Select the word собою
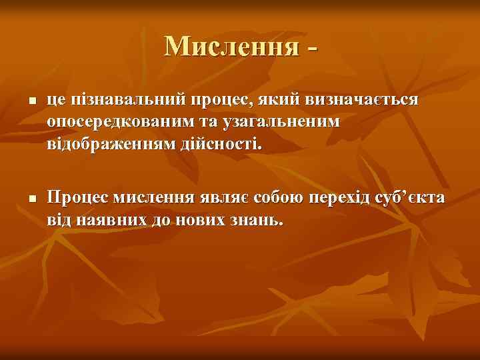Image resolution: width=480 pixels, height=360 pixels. [x=278, y=198]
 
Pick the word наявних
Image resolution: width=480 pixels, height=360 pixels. [x=108, y=219]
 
